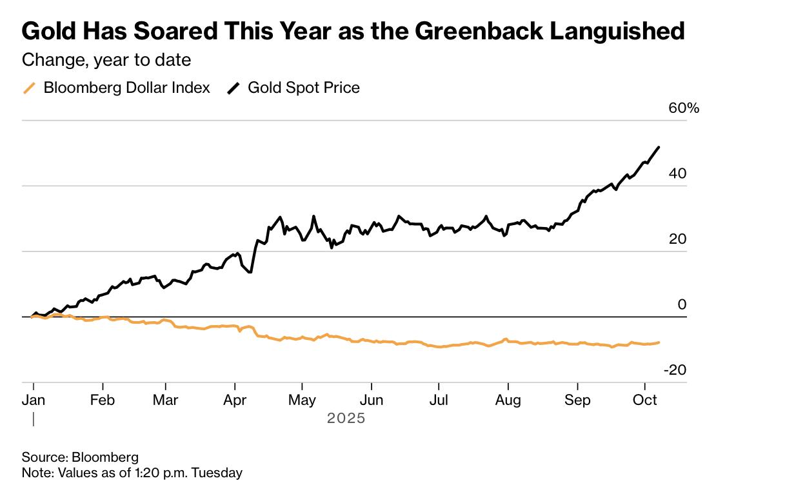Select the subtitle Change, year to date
click(106, 60)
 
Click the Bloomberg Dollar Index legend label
click(126, 88)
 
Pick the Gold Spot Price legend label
click(304, 88)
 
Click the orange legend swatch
click(29, 88)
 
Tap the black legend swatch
click(234, 88)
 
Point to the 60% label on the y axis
click(684, 108)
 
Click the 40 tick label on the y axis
click(677, 173)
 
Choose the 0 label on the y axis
click(682, 304)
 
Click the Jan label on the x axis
click(34, 400)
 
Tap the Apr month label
click(235, 400)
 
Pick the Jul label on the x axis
click(439, 400)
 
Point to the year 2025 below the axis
click(346, 419)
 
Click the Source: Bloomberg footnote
click(80, 457)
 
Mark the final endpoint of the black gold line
click(659, 147)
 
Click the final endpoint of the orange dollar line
click(659, 342)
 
